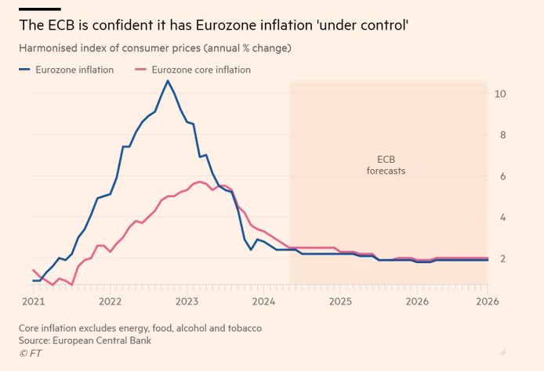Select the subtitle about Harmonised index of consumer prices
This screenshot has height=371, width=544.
click(x=154, y=49)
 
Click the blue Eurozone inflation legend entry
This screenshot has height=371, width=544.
click(x=67, y=70)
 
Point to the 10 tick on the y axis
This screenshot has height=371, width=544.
click(x=500, y=94)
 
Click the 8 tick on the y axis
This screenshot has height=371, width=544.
click(x=500, y=135)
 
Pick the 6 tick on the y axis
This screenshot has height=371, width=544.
click(x=500, y=176)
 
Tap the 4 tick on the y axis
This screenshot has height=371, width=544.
click(x=500, y=217)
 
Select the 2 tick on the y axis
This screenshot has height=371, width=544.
click(x=500, y=258)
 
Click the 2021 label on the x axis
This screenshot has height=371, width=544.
click(x=33, y=301)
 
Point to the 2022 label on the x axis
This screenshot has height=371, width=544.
click(x=110, y=301)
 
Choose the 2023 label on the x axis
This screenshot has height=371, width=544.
click(x=187, y=301)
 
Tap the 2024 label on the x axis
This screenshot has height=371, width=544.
click(x=263, y=301)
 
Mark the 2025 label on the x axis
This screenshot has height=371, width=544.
click(x=340, y=301)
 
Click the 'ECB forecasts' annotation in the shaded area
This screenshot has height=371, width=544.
click(x=386, y=164)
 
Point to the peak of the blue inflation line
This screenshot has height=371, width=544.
click(x=167, y=81)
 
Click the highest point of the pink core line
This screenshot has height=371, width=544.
click(x=201, y=182)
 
